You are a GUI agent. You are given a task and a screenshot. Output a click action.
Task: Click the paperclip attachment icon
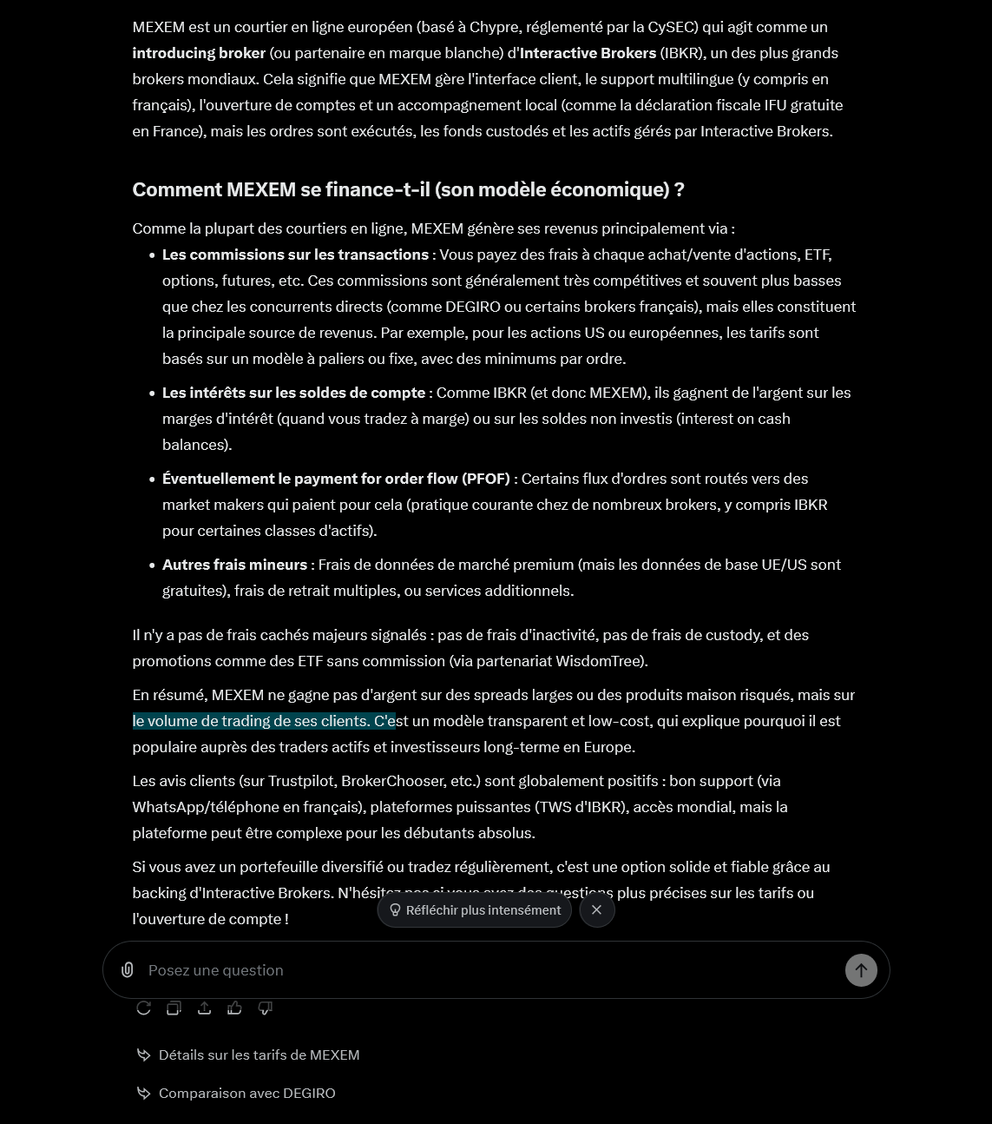click(x=127, y=969)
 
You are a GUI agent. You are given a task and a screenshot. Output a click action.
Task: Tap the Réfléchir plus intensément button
click(x=475, y=910)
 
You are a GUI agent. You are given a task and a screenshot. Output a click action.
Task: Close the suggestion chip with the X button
click(x=596, y=910)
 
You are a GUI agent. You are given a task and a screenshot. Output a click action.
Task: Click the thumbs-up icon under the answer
click(x=234, y=1008)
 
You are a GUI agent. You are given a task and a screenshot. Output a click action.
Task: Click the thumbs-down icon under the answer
click(x=265, y=1008)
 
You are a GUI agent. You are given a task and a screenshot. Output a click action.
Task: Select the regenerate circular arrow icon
click(x=144, y=1008)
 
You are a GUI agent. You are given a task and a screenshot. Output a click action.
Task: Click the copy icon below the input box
click(x=174, y=1008)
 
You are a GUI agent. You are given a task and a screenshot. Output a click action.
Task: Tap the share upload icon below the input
click(x=204, y=1008)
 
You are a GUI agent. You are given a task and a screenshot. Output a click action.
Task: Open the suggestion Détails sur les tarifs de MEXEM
click(x=259, y=1055)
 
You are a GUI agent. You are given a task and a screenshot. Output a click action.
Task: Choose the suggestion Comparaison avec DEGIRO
click(x=246, y=1093)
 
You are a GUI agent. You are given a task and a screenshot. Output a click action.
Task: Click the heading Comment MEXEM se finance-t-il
click(x=408, y=189)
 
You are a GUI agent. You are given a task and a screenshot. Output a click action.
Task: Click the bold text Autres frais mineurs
click(x=234, y=565)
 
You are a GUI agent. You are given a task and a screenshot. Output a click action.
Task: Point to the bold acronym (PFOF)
click(x=486, y=479)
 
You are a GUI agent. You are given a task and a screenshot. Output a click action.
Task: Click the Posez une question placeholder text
click(x=216, y=970)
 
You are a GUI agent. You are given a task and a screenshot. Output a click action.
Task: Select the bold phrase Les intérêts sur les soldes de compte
click(x=293, y=393)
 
